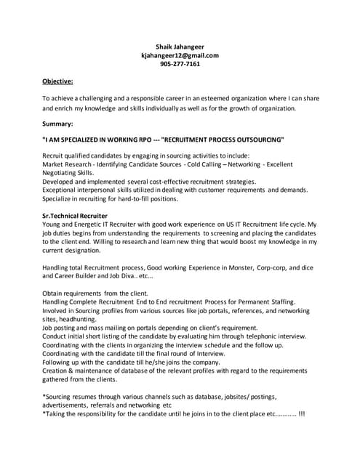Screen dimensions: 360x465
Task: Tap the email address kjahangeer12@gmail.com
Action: coord(180,54)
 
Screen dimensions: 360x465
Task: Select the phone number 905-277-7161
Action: coord(180,64)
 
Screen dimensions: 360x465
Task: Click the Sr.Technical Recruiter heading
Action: coord(75,216)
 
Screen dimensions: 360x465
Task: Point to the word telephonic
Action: coord(256,336)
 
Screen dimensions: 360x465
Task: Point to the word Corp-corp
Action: coord(282,267)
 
